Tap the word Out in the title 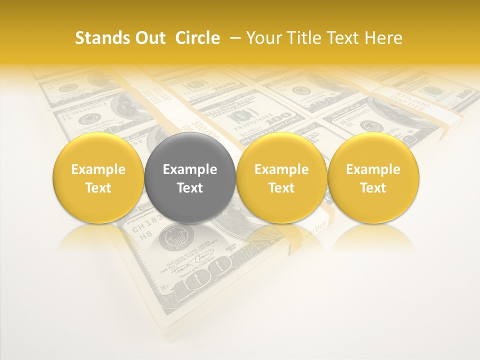pos(149,38)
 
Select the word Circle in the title pos(197,38)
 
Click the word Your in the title pos(263,38)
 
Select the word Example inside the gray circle pos(190,169)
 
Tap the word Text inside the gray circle pos(190,188)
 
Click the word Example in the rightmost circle pos(373,169)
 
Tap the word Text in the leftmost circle pos(98,188)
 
